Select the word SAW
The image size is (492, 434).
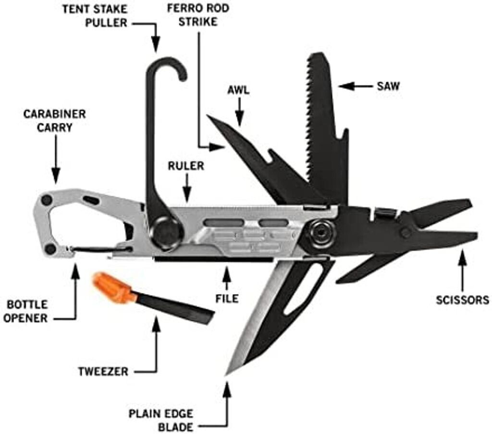(x=388, y=86)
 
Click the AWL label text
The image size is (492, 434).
(x=239, y=90)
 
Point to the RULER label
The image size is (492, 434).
(x=185, y=166)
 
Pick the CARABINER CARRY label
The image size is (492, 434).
(x=54, y=121)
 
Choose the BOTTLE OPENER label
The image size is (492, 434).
(x=27, y=311)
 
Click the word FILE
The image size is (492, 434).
(x=227, y=298)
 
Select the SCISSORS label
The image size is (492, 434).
(x=462, y=300)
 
